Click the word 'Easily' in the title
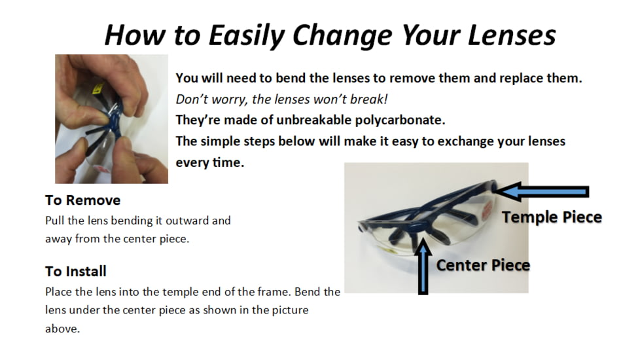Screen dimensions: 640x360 click(247, 36)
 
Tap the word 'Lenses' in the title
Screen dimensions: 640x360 click(512, 35)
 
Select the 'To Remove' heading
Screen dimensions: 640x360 click(83, 200)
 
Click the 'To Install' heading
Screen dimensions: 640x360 click(76, 271)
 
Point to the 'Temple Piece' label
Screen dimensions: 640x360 click(552, 217)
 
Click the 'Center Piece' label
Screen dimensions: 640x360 click(483, 265)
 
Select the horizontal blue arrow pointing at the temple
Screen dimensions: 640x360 click(542, 191)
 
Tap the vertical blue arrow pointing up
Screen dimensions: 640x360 click(423, 266)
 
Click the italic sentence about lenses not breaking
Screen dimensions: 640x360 click(281, 99)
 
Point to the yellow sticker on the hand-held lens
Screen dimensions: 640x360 click(98, 88)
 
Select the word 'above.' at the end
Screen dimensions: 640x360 click(62, 329)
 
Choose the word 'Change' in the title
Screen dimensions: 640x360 click(342, 36)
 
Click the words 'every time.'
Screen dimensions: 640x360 click(210, 162)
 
